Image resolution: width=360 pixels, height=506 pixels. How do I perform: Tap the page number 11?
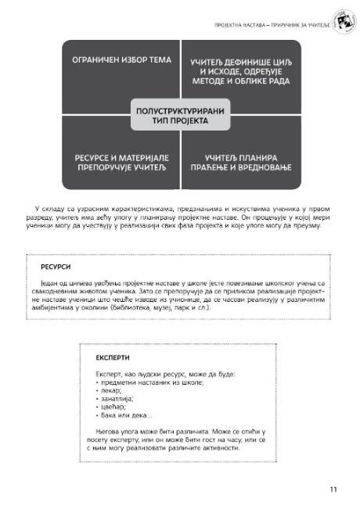coord(333,490)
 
